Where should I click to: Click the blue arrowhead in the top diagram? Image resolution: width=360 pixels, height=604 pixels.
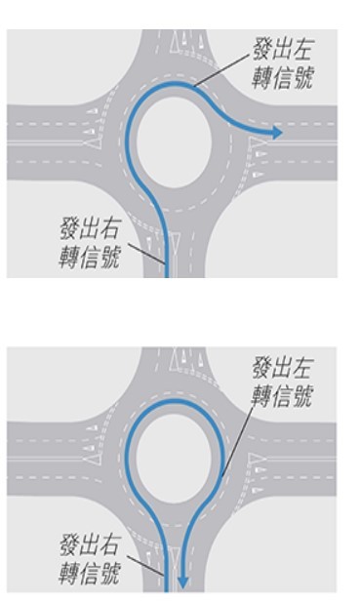(278, 132)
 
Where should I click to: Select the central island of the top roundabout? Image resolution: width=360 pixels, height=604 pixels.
(174, 141)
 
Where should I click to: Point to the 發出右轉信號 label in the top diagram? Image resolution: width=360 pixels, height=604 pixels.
(89, 244)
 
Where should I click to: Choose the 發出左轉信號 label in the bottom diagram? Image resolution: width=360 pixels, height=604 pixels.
(282, 382)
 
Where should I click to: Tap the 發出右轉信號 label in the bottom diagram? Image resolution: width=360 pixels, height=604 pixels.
(89, 559)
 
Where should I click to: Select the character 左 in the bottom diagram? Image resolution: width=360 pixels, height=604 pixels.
(302, 369)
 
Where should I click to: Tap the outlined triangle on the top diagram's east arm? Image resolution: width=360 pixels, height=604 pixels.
(258, 148)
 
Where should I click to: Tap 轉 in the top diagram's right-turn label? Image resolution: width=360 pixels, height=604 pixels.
(67, 258)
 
